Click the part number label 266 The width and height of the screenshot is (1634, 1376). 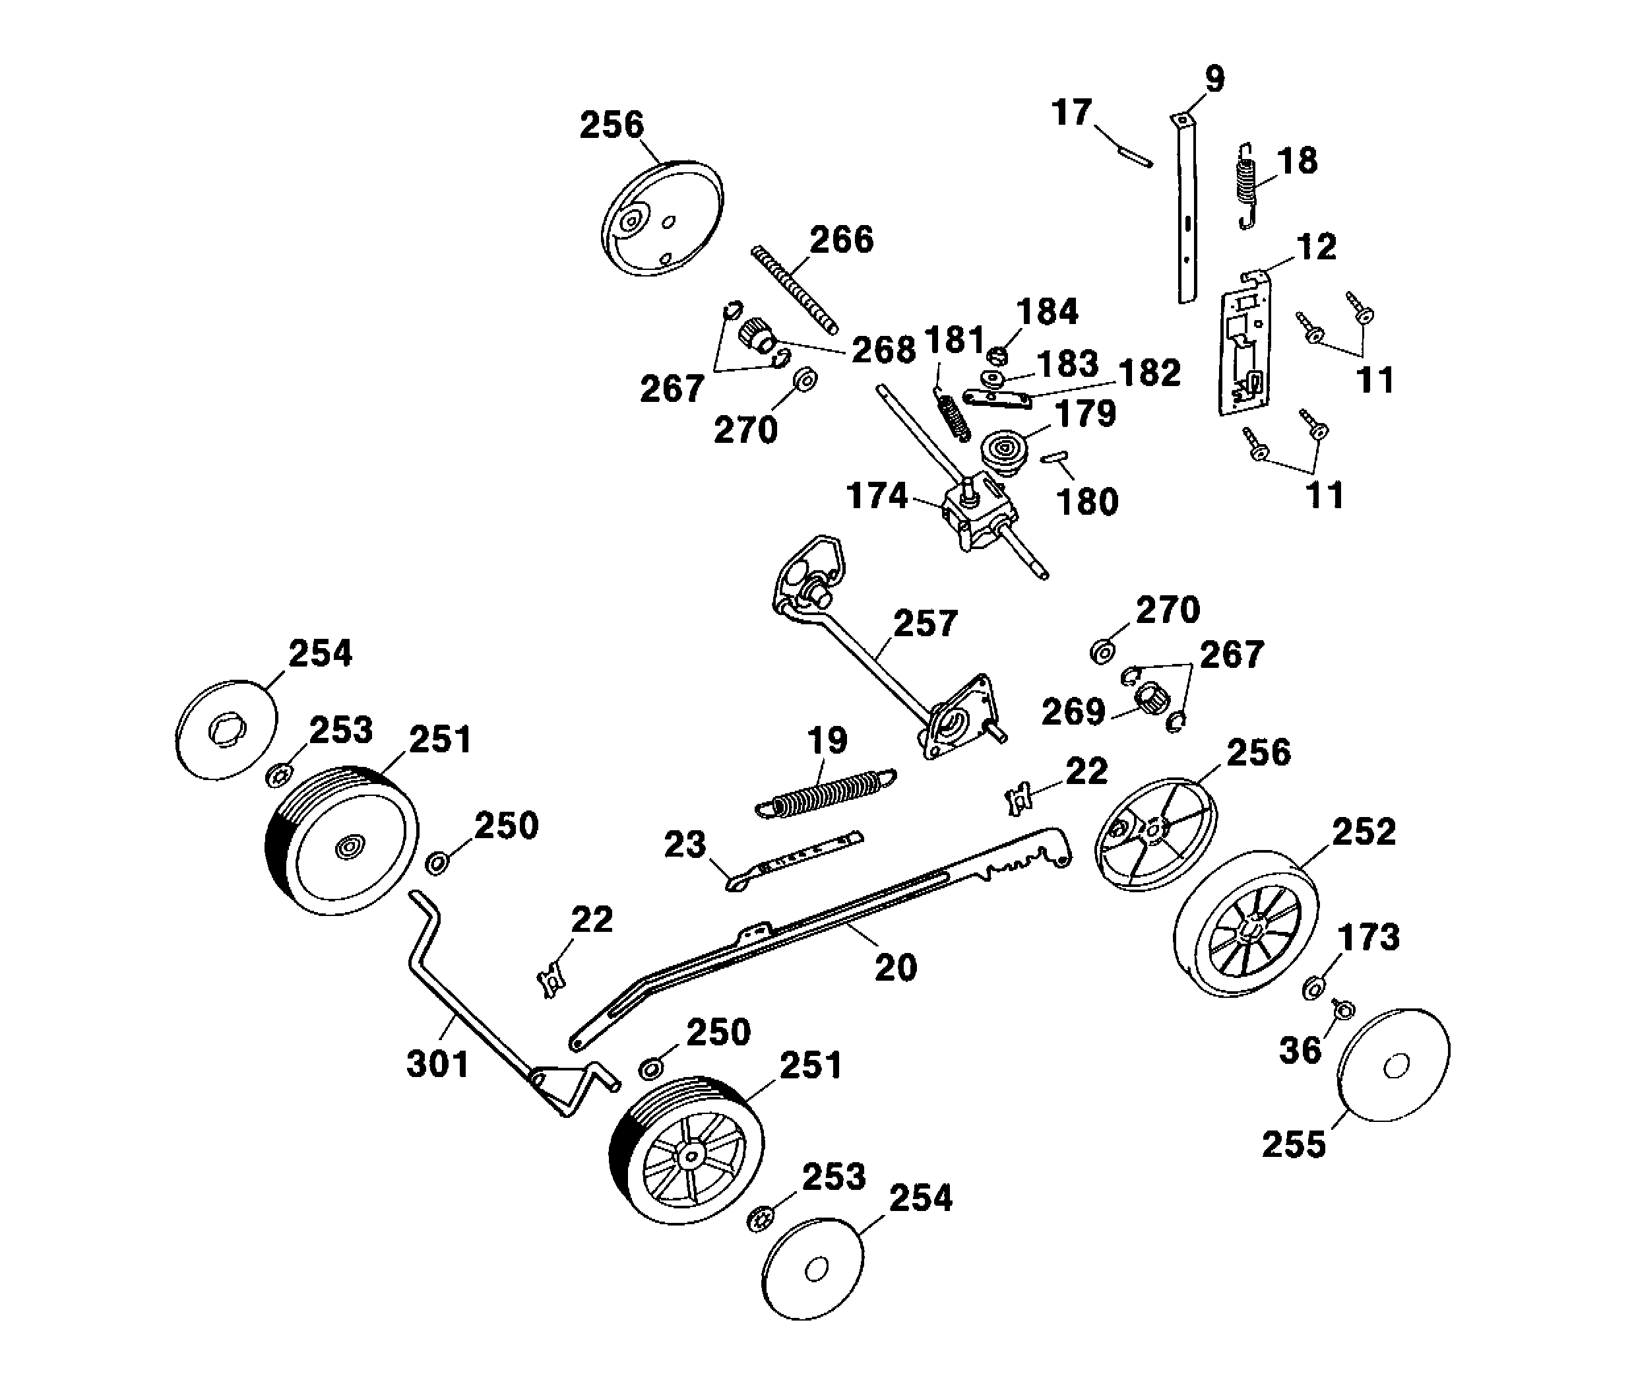click(841, 240)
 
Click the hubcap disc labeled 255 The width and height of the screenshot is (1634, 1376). click(1394, 1066)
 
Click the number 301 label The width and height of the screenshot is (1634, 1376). click(437, 1064)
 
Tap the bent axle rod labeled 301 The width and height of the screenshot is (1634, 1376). click(468, 1006)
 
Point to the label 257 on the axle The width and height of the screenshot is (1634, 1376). click(925, 623)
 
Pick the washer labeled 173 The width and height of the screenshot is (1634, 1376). click(1313, 989)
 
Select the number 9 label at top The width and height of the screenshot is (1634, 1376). click(1214, 79)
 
